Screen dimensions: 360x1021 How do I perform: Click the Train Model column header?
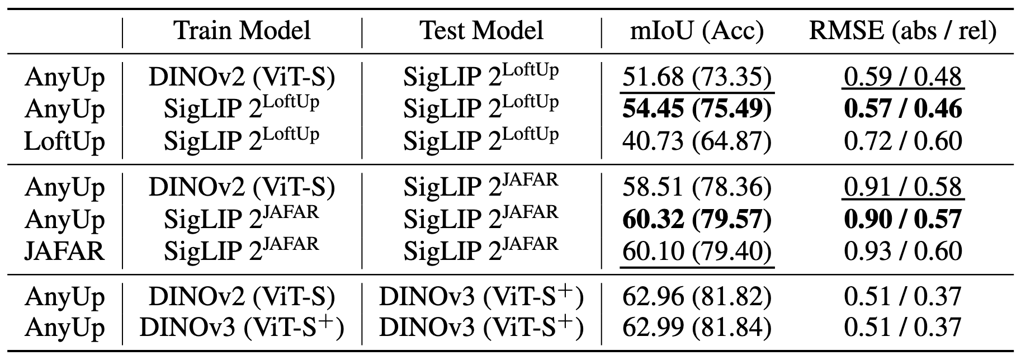point(242,30)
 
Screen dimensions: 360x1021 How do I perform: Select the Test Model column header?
point(481,30)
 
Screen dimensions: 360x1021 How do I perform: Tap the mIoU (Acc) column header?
point(697,30)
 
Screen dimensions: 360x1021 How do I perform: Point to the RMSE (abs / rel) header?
point(902,30)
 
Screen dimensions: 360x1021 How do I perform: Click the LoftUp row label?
point(64,141)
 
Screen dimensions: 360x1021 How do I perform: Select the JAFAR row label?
point(64,251)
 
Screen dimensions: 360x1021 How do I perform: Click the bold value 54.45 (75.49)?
point(697,109)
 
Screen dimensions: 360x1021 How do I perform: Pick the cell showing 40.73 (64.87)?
point(697,141)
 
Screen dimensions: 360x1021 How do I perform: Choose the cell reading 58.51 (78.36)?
point(697,187)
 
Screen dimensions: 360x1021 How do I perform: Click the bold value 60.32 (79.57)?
point(697,219)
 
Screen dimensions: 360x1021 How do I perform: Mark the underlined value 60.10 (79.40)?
point(697,251)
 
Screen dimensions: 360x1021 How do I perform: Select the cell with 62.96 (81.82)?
point(697,296)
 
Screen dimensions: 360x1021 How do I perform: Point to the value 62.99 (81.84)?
point(697,328)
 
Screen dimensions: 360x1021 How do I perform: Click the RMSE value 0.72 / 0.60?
point(902,141)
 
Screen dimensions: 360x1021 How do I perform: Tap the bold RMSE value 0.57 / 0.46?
point(902,109)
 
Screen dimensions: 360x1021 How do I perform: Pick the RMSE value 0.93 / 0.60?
point(902,251)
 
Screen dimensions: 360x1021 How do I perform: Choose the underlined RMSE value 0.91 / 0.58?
point(902,187)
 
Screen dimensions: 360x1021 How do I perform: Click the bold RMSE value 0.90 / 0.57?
point(902,219)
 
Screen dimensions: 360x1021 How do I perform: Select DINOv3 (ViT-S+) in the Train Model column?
point(242,328)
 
